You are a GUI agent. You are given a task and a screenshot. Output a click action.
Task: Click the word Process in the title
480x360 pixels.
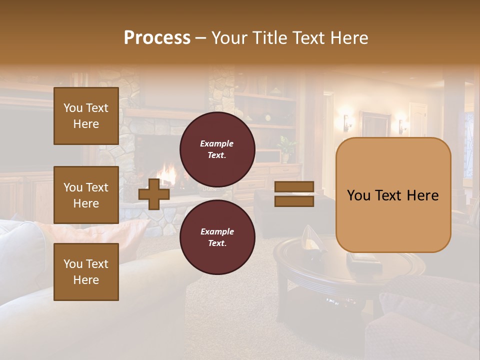pyautogui.click(x=157, y=38)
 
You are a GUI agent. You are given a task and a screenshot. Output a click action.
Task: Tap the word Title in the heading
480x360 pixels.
pyautogui.click(x=269, y=38)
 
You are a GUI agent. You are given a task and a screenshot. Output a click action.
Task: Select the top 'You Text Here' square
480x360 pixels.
pyautogui.click(x=86, y=116)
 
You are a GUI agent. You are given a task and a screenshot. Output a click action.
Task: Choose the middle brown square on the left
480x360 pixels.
pyautogui.click(x=86, y=195)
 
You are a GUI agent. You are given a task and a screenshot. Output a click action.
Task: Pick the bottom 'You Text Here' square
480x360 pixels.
pyautogui.click(x=86, y=271)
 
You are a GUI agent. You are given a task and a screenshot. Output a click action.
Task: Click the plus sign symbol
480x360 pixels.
pyautogui.click(x=154, y=193)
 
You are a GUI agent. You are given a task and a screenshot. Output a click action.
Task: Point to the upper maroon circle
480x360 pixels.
pyautogui.click(x=217, y=149)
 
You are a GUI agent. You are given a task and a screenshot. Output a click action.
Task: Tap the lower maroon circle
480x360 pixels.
pyautogui.click(x=217, y=237)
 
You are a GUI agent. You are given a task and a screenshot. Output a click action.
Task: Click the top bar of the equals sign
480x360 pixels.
pyautogui.click(x=294, y=186)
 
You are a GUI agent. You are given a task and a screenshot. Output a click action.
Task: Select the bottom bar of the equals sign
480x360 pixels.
pyautogui.click(x=294, y=201)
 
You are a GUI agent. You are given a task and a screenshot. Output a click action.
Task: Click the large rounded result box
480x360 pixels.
pyautogui.click(x=393, y=195)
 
